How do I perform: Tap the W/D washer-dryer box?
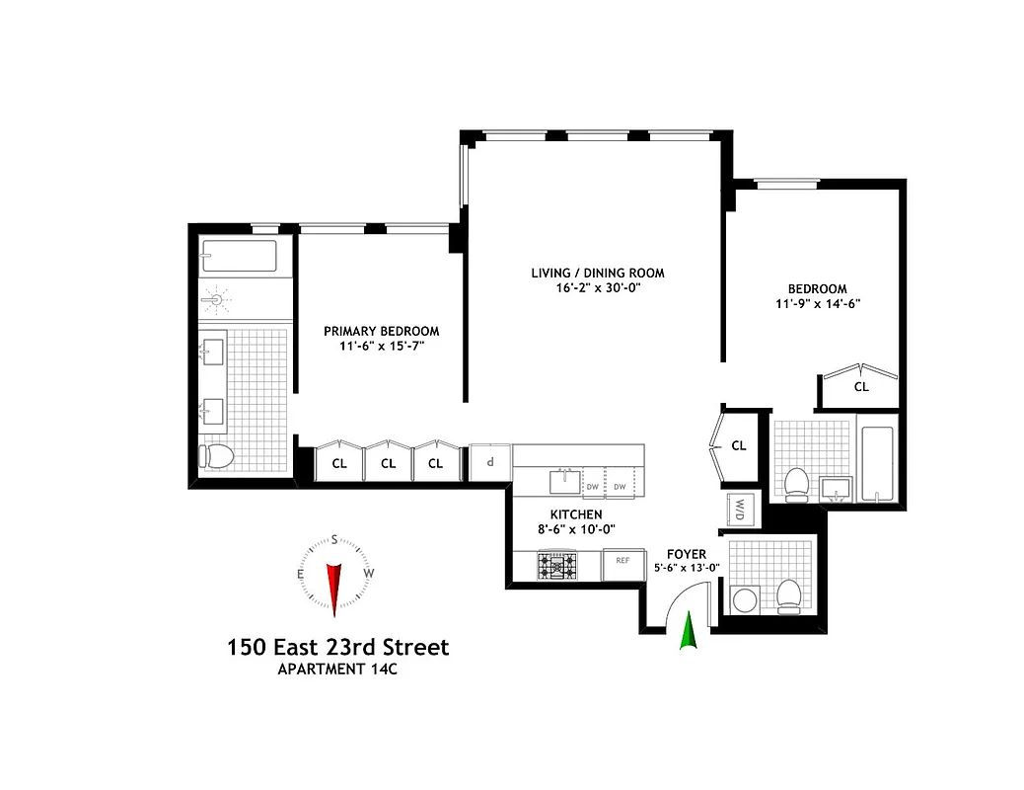point(740,509)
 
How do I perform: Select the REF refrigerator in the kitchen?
point(622,562)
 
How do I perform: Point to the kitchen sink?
point(566,481)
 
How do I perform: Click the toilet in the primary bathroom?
point(216,455)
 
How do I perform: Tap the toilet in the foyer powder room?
point(789,595)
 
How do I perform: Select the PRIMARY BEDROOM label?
point(382,331)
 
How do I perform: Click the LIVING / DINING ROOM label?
point(598,274)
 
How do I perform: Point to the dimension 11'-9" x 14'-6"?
point(818,304)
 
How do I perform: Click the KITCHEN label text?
point(576,514)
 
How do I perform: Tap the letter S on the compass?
point(334,539)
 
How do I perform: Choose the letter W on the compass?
point(368,573)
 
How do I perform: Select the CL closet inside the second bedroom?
point(861,387)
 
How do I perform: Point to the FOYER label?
point(687,554)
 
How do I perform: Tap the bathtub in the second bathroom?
point(876,463)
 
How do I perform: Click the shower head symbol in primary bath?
point(215,299)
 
